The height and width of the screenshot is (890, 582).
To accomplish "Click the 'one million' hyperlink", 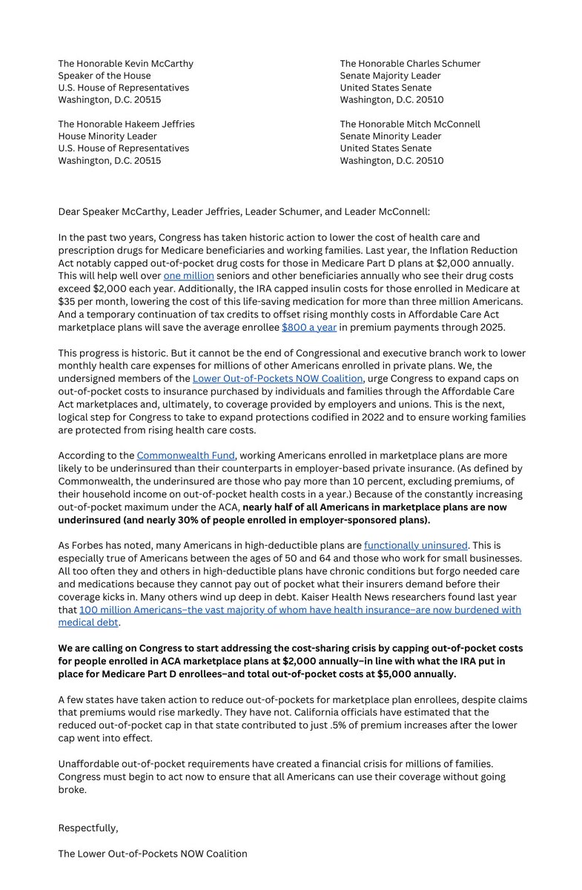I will coord(188,276).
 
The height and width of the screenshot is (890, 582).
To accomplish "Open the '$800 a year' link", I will coord(308,326).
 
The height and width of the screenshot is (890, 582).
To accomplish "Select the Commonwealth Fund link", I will coord(185,455).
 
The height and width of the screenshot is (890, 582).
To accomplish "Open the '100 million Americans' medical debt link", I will coord(300,610).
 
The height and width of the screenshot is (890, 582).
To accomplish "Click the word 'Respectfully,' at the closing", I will coord(88,828).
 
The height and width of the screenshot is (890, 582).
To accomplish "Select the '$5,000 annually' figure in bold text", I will coord(416,674).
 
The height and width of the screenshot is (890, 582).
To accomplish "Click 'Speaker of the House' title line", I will coord(105,76).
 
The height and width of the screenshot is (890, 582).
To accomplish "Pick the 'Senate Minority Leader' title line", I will coord(390,136).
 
